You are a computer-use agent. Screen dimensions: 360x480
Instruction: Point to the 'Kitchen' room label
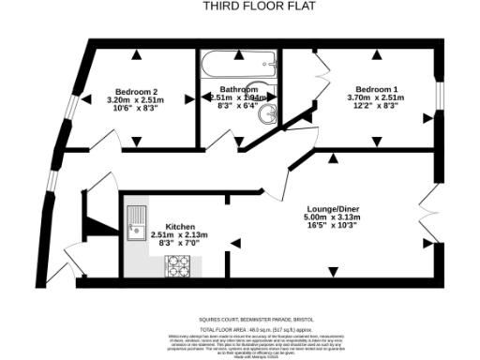click(x=181, y=227)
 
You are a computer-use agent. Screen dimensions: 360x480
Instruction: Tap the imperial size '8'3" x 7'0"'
click(x=181, y=244)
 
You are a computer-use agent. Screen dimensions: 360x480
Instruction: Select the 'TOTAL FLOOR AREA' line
click(x=240, y=329)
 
